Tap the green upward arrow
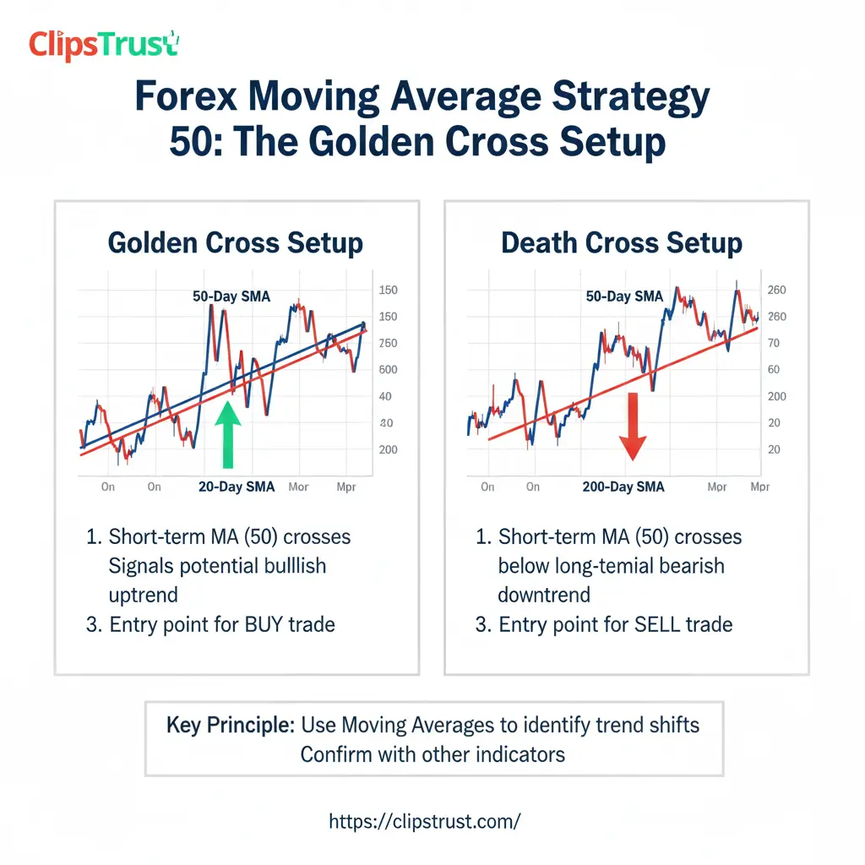(226, 434)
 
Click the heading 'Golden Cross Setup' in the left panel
(236, 243)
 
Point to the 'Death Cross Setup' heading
(622, 243)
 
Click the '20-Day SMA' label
(236, 487)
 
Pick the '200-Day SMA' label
(623, 487)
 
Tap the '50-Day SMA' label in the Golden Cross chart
(231, 296)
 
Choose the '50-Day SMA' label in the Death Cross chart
(624, 296)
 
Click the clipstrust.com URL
(424, 820)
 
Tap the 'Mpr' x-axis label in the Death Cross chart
(759, 487)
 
